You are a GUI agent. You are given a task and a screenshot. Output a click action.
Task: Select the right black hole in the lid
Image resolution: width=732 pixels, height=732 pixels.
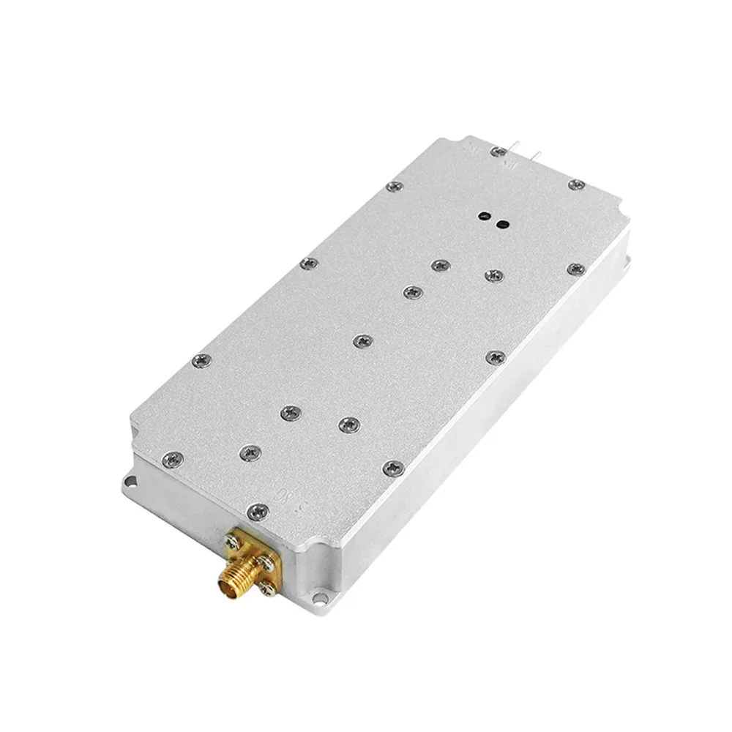click(x=502, y=224)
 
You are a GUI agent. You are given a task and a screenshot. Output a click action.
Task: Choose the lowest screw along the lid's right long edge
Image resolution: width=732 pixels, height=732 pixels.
click(x=393, y=466)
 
